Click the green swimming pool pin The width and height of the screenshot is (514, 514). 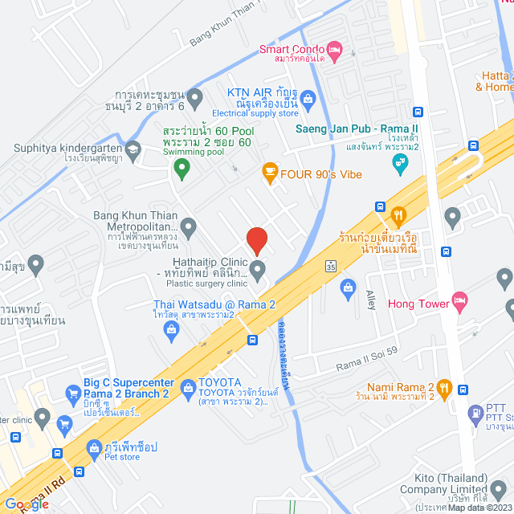pyautogui.click(x=182, y=169)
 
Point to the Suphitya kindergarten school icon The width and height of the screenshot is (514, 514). pyautogui.click(x=133, y=148)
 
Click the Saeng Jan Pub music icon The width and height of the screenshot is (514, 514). pyautogui.click(x=399, y=164)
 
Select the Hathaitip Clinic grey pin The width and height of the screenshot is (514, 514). pyautogui.click(x=258, y=271)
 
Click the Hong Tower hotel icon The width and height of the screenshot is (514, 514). pyautogui.click(x=459, y=304)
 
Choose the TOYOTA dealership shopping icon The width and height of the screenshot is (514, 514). pyautogui.click(x=188, y=389)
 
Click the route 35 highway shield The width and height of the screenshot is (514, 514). pyautogui.click(x=331, y=266)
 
